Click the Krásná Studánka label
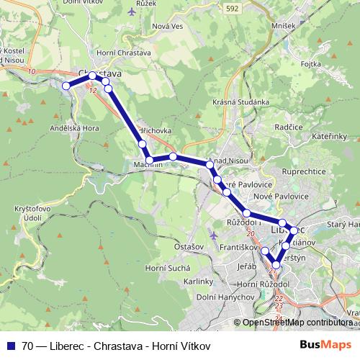241,103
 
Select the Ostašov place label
189,246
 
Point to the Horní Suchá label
163,268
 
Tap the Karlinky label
198,282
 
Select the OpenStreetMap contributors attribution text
297,323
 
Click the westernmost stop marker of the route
66,86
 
